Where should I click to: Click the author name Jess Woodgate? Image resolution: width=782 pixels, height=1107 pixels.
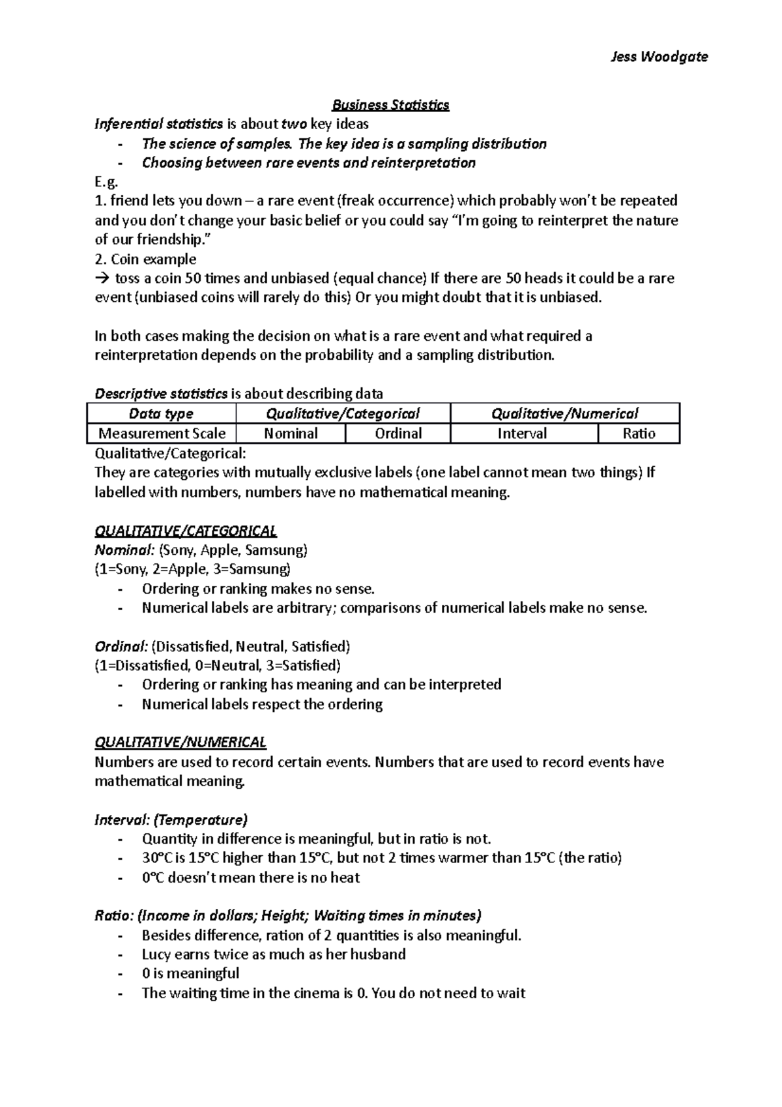(x=659, y=57)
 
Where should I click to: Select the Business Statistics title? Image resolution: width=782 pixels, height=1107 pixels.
(x=390, y=105)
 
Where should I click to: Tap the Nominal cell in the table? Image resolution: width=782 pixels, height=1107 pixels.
(x=291, y=434)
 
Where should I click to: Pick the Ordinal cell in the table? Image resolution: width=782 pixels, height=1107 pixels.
(x=398, y=434)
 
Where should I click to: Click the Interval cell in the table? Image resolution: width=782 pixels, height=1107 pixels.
(x=522, y=434)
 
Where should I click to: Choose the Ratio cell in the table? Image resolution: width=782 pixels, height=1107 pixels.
(x=639, y=434)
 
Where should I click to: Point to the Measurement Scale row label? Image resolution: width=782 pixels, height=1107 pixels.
(x=162, y=434)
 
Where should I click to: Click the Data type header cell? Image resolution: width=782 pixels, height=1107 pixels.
(x=161, y=413)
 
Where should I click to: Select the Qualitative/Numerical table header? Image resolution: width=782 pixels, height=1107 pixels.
(x=564, y=413)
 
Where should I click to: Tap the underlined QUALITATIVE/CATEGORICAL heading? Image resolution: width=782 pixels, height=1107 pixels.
(x=186, y=531)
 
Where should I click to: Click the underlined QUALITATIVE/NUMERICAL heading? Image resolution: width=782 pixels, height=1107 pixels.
(x=181, y=743)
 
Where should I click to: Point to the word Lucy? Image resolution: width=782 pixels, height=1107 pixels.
(x=156, y=954)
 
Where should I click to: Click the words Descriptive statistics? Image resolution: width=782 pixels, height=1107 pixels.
(x=161, y=394)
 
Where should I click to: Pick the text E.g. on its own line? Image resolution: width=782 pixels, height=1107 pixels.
(x=107, y=182)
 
